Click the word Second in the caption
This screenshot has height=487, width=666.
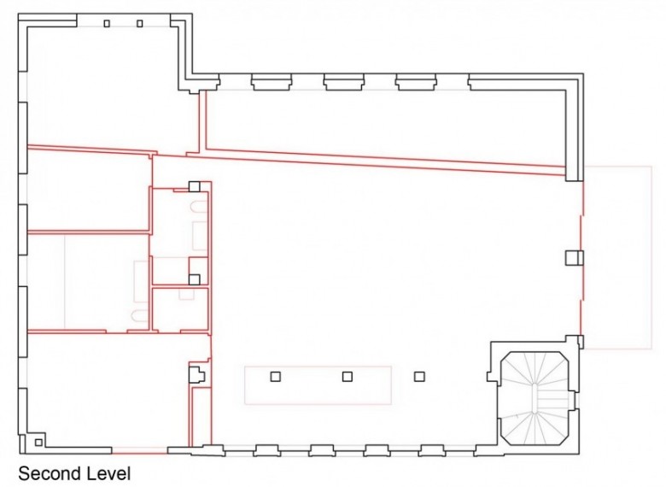[50, 473]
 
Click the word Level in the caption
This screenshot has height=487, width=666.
[108, 473]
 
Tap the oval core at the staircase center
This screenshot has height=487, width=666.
[534, 397]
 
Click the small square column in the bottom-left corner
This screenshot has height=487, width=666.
[38, 443]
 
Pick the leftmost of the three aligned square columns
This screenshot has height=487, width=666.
[276, 376]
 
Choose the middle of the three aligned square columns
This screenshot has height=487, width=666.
[348, 376]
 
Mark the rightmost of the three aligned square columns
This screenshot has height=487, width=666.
[419, 376]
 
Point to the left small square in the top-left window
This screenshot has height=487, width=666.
[107, 23]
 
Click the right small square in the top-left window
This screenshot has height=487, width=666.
[140, 23]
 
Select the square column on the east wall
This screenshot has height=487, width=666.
[575, 257]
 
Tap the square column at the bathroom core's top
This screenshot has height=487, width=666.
[194, 186]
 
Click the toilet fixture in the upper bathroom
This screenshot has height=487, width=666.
[199, 208]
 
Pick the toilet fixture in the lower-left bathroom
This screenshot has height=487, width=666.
[140, 316]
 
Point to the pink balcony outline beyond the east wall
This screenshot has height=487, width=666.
[651, 257]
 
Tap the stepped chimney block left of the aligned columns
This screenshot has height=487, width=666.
[196, 375]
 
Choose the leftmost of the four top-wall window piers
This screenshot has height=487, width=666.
[272, 81]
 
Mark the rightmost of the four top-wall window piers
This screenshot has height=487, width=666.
[488, 81]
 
